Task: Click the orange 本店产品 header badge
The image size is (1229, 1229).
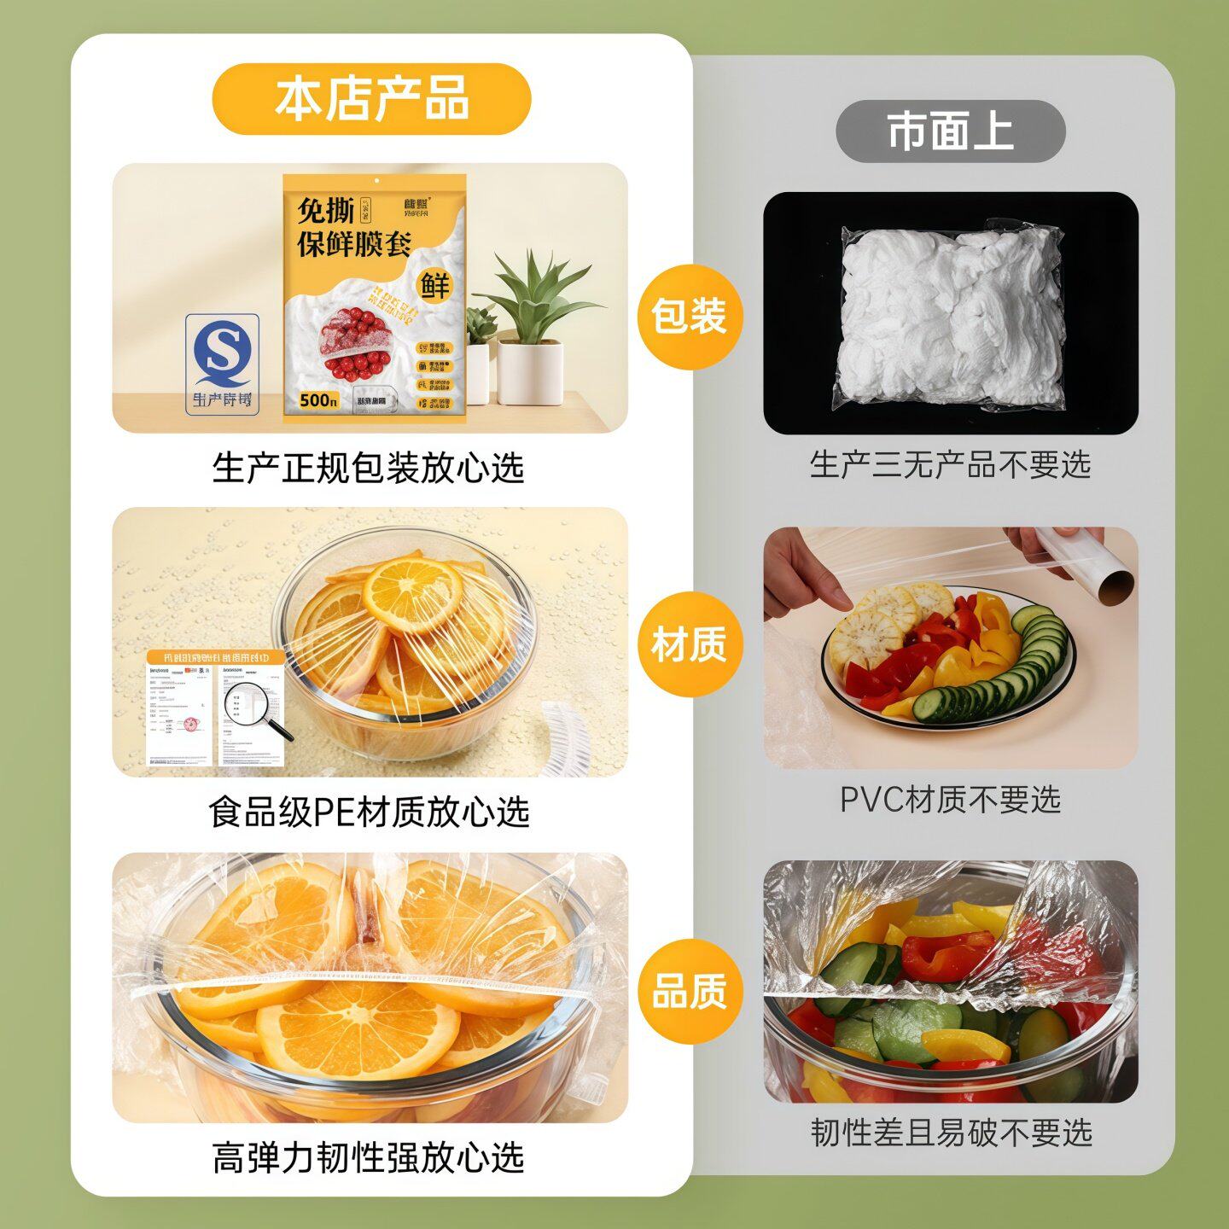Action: pos(371,98)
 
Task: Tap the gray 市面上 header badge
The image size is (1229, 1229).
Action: pos(950,131)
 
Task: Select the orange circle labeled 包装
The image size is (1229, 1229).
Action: pos(690,317)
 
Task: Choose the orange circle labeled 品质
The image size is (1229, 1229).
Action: pos(690,992)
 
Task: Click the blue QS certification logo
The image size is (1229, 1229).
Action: pos(222,363)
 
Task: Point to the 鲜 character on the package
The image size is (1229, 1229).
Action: pos(434,286)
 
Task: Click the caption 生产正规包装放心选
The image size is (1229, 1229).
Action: pos(368,468)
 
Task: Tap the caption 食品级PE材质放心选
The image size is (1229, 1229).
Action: pos(369,812)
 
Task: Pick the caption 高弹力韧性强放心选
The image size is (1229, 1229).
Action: pos(368,1157)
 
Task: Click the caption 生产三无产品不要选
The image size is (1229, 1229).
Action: pos(950,465)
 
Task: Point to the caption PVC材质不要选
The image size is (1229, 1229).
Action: pos(950,800)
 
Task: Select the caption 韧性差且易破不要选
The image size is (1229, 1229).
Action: pos(951,1133)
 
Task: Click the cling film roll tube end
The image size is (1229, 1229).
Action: pos(1114,585)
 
